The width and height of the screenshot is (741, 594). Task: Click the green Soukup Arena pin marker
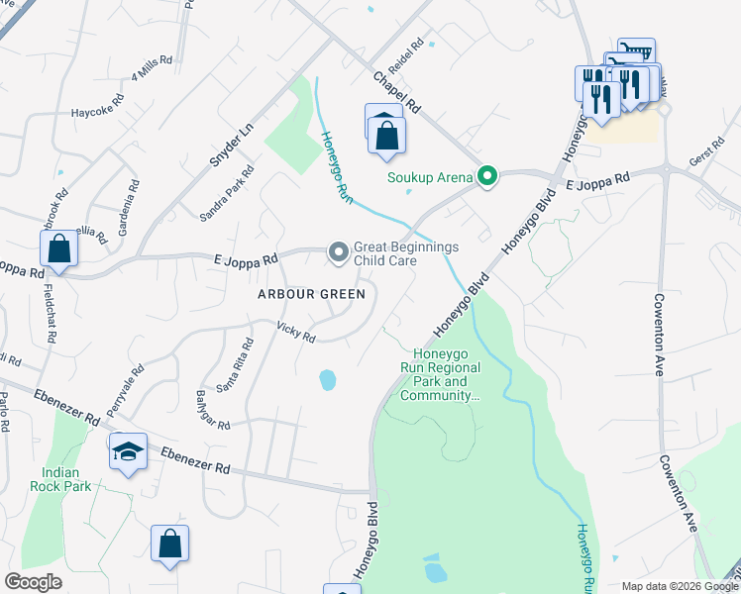pyautogui.click(x=486, y=177)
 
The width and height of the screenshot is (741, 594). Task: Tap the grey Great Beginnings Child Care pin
pyautogui.click(x=339, y=254)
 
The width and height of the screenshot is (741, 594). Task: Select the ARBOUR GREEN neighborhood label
pyautogui.click(x=311, y=294)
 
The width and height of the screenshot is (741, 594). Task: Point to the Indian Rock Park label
pyautogui.click(x=66, y=479)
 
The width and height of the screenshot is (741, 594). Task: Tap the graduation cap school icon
pyautogui.click(x=128, y=451)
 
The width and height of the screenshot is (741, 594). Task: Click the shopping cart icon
pyautogui.click(x=635, y=51)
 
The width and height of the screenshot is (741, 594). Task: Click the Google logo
pyautogui.click(x=34, y=582)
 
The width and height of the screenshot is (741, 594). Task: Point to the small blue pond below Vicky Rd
pyautogui.click(x=327, y=379)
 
